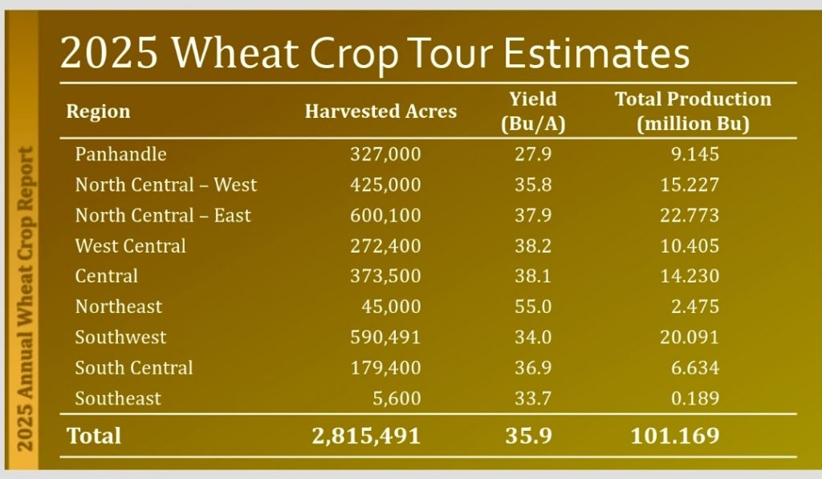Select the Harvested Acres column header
tap(380, 112)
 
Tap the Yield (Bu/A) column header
tap(533, 112)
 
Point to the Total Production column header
tap(693, 112)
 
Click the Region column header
tap(98, 112)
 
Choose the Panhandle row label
tap(120, 153)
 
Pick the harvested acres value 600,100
tap(385, 215)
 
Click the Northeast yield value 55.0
tap(533, 306)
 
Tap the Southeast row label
tap(118, 398)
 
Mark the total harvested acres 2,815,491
tap(366, 435)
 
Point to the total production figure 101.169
tap(674, 435)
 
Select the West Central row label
tap(130, 246)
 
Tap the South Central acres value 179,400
tap(385, 367)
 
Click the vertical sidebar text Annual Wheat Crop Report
tap(26, 297)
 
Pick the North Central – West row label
tap(166, 185)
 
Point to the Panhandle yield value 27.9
tap(533, 153)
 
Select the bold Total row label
tap(94, 435)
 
